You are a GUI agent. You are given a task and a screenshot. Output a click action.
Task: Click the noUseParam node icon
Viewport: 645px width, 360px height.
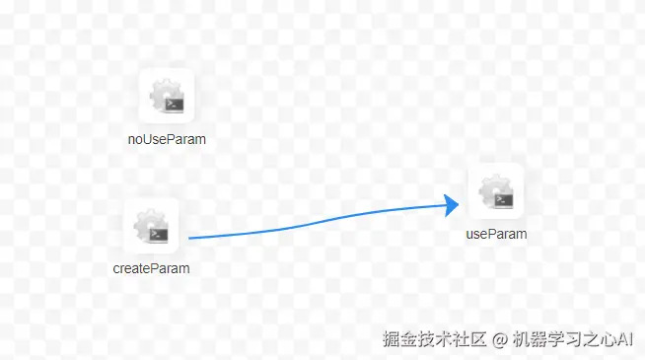tap(167, 96)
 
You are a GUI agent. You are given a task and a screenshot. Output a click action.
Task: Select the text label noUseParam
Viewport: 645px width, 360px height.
tap(167, 139)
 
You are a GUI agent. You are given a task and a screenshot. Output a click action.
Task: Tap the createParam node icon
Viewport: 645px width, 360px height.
tap(151, 226)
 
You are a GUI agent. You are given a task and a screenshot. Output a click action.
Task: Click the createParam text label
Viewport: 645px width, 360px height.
tap(151, 267)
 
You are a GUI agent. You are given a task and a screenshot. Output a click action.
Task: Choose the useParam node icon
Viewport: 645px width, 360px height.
tap(495, 191)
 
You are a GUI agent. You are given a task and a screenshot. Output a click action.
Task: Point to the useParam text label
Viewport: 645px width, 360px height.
tap(496, 235)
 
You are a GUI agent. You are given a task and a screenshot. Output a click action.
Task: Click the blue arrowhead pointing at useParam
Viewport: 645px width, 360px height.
tap(452, 205)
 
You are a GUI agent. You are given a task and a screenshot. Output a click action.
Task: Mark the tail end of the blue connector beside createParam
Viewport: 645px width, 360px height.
tap(190, 238)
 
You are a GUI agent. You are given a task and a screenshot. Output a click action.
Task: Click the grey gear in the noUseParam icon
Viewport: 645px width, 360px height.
tap(161, 92)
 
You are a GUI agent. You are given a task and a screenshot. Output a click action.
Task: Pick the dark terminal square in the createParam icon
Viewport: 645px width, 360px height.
tap(158, 234)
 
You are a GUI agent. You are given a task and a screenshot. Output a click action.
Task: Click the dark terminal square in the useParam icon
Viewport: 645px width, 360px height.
tap(503, 199)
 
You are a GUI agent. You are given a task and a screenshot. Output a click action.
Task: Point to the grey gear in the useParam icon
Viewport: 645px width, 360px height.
tap(490, 186)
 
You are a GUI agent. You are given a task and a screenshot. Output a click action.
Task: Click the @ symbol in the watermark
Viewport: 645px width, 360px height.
tap(499, 339)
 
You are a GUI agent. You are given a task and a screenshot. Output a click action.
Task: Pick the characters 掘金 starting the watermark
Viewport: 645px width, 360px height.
tap(403, 339)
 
